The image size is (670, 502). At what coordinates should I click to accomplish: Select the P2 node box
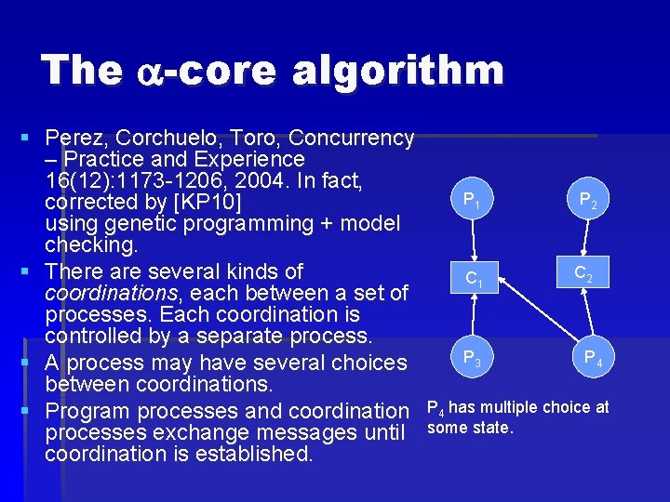point(586,200)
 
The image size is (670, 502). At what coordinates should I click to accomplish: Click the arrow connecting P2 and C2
point(585,237)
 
